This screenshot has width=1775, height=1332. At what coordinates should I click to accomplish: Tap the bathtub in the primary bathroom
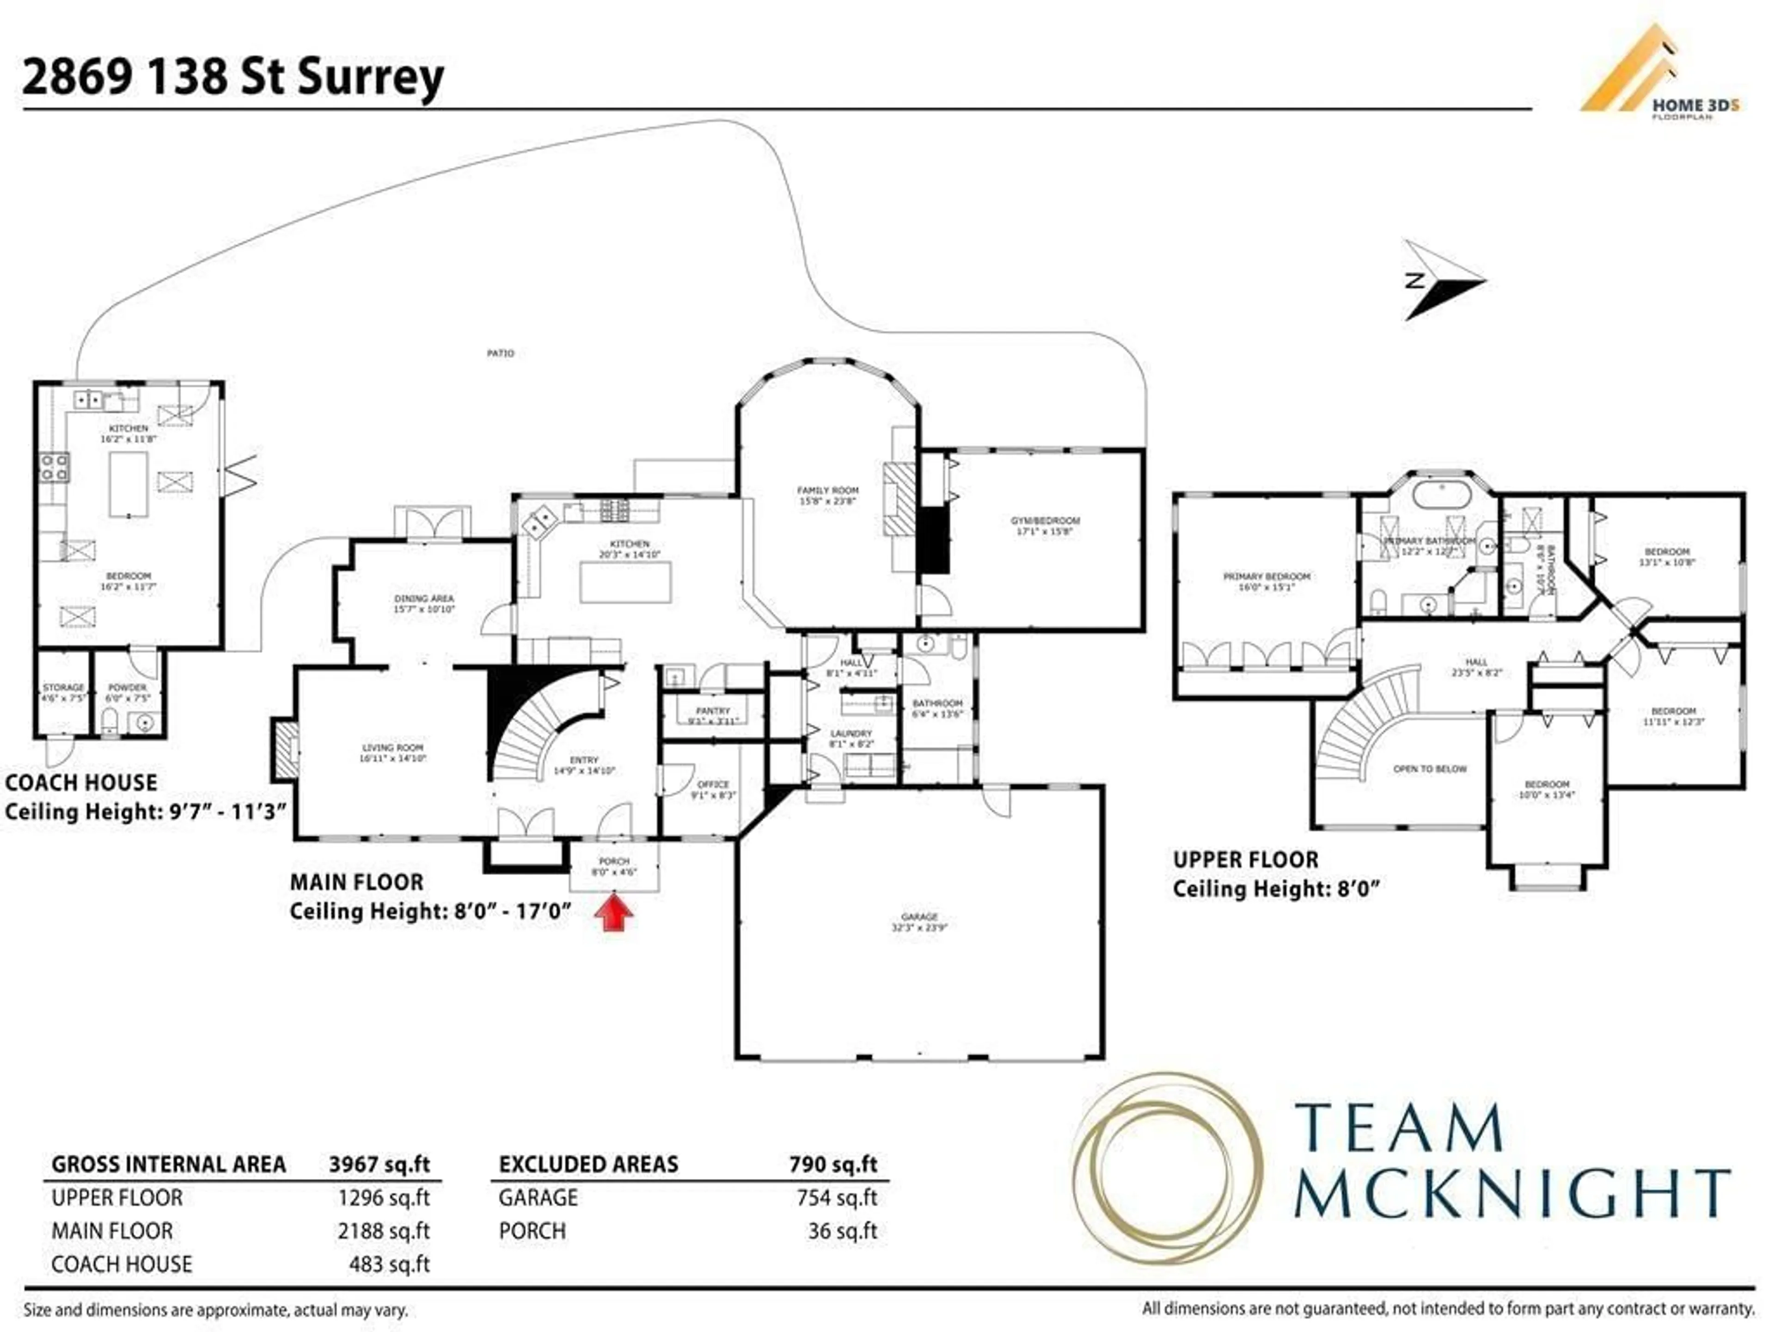coord(1442,494)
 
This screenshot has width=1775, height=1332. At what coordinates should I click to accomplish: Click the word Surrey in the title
coord(371,78)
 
